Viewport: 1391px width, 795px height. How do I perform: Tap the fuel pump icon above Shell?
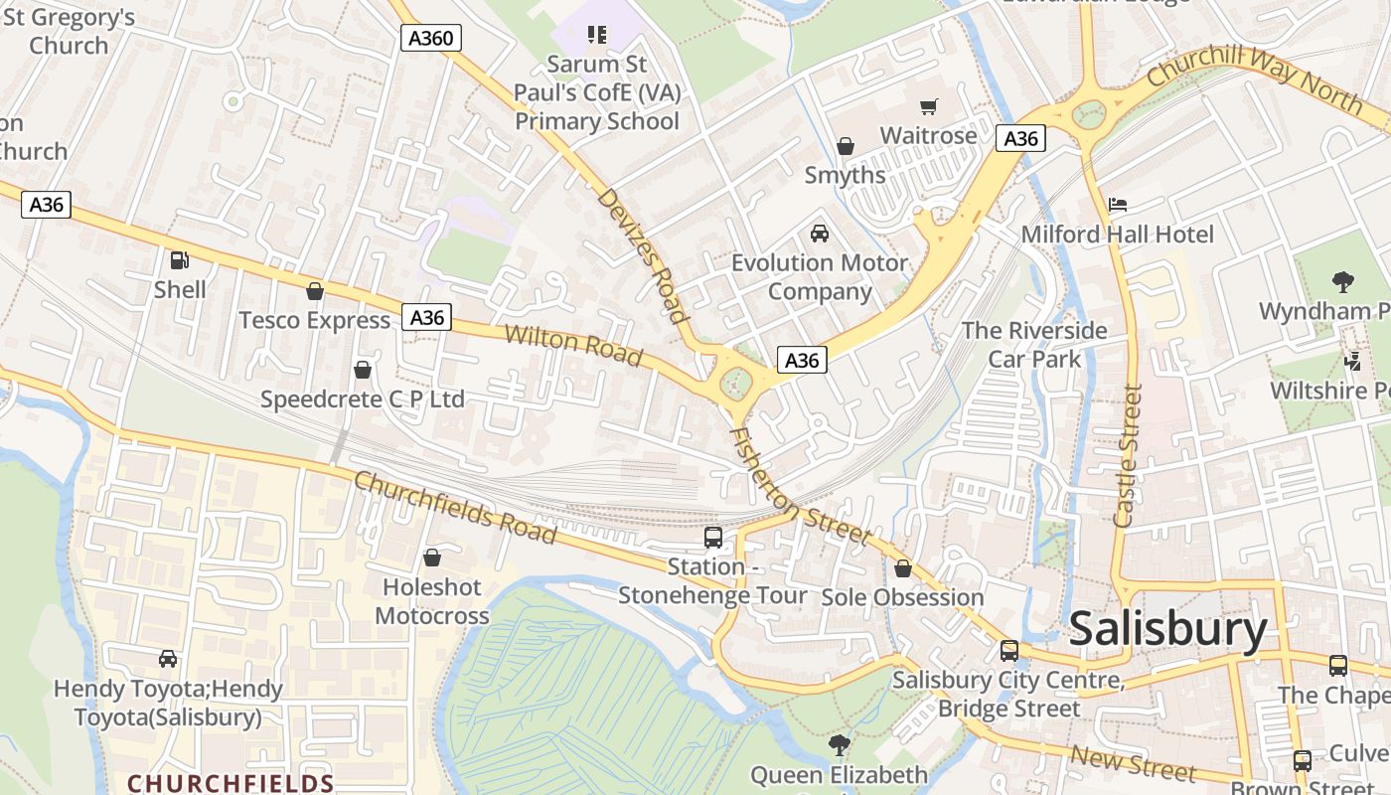pyautogui.click(x=180, y=260)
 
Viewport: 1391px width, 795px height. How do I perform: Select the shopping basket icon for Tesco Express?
pyautogui.click(x=315, y=291)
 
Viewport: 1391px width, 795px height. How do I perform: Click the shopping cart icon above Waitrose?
pyautogui.click(x=929, y=106)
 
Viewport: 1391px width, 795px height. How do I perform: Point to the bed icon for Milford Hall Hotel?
pyautogui.click(x=1118, y=205)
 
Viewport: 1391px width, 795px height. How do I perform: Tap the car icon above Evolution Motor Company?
pyautogui.click(x=820, y=234)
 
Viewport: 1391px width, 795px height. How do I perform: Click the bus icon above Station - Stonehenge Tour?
pyautogui.click(x=713, y=538)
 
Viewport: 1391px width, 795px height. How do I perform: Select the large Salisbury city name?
pyautogui.click(x=1167, y=630)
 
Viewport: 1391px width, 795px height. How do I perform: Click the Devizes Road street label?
pyautogui.click(x=643, y=256)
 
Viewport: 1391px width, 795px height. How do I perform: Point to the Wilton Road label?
pyautogui.click(x=573, y=345)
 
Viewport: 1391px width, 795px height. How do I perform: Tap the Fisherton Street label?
pyautogui.click(x=800, y=487)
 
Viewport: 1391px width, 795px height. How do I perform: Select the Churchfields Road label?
pyautogui.click(x=455, y=507)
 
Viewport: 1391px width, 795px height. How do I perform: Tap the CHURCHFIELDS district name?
pyautogui.click(x=231, y=783)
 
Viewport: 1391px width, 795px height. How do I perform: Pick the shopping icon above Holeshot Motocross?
pyautogui.click(x=432, y=558)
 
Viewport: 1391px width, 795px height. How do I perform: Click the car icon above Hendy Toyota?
pyautogui.click(x=168, y=659)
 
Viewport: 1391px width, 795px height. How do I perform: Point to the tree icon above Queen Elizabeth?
pyautogui.click(x=840, y=744)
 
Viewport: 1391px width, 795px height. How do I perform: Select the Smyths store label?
pyautogui.click(x=845, y=175)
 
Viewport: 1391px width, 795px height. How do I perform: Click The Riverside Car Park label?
pyautogui.click(x=1034, y=344)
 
